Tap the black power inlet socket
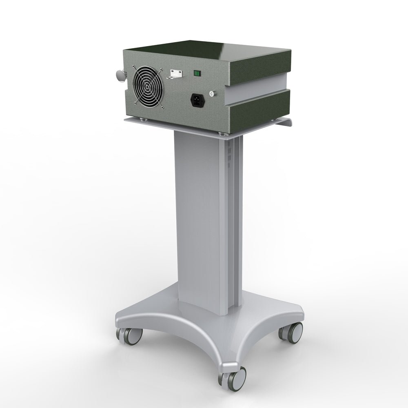pos(197,100)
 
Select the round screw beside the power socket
pos(211,94)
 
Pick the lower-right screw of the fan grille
pos(162,107)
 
